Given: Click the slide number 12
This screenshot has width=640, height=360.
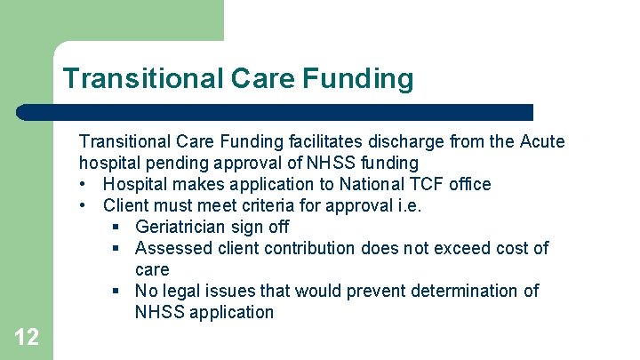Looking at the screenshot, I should (x=27, y=337).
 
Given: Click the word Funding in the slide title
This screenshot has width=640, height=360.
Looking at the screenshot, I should (x=358, y=79).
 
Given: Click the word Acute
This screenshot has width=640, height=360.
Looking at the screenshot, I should (x=541, y=141).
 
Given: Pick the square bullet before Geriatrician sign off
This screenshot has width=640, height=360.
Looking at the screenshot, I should (x=116, y=227).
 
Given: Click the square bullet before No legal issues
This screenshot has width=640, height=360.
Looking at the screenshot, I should (x=116, y=291).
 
